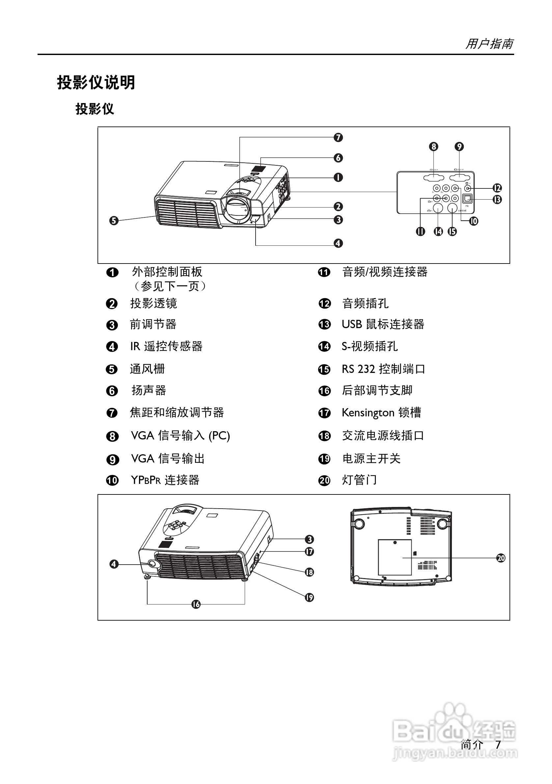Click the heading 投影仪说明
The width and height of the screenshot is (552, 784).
[x=96, y=83]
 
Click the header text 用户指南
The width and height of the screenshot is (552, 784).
[x=489, y=44]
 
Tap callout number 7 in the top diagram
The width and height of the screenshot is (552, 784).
[x=338, y=138]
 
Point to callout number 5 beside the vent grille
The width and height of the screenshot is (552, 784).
[x=114, y=221]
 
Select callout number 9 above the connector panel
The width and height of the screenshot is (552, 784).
[x=459, y=147]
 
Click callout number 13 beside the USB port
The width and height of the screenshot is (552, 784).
[x=497, y=199]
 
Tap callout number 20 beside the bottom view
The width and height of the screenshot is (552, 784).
[x=500, y=558]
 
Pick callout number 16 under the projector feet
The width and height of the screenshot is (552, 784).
[x=196, y=604]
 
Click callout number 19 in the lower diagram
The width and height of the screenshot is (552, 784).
[x=309, y=597]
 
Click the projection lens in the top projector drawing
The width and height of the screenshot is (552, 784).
[x=236, y=209]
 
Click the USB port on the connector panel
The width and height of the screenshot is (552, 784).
[x=467, y=198]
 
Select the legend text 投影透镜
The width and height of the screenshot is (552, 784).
[x=153, y=303]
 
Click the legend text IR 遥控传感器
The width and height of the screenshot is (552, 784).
[x=166, y=346]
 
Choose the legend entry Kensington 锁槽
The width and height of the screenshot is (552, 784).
[x=381, y=412]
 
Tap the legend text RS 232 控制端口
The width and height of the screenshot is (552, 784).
[x=383, y=369]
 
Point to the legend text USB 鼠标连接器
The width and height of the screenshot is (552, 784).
[x=383, y=324]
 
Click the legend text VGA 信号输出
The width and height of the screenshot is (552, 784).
[x=168, y=459]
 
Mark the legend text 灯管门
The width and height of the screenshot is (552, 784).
[x=359, y=480]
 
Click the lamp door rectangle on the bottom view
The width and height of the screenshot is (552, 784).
[x=395, y=558]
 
